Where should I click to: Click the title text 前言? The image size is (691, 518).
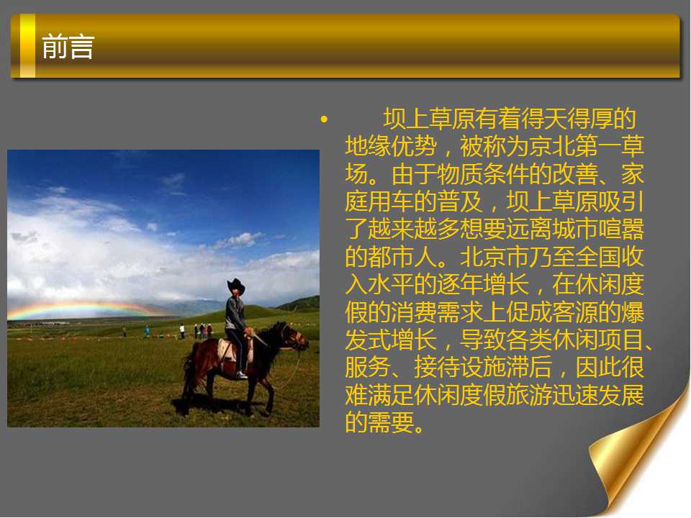click(68, 46)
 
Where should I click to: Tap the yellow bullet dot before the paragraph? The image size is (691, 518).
click(325, 119)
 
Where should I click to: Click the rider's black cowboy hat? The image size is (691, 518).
click(236, 286)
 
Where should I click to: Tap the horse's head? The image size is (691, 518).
click(294, 337)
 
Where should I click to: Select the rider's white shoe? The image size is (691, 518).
click(242, 375)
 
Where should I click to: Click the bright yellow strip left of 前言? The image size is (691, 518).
click(27, 46)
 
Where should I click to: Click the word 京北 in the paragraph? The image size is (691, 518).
click(551, 146)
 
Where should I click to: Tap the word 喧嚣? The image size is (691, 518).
click(620, 229)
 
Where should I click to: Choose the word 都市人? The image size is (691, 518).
click(403, 257)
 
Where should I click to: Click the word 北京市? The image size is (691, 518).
click(494, 257)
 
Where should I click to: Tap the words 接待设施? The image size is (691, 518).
click(460, 368)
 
